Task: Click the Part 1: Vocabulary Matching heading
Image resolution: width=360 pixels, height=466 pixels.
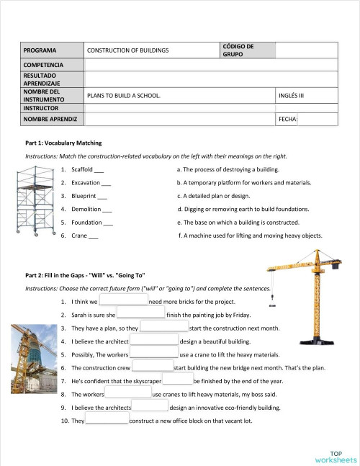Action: tap(63, 143)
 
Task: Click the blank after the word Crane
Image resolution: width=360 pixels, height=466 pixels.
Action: tap(94, 236)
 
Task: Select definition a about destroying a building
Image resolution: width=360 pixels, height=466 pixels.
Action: tap(227, 169)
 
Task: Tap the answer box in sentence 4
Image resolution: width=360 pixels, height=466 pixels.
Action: tap(153, 341)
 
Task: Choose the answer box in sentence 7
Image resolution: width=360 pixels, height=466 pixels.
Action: tap(177, 380)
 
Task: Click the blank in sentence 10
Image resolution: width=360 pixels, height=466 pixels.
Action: tap(107, 421)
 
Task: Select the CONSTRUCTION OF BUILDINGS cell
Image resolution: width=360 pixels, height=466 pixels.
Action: tap(127, 50)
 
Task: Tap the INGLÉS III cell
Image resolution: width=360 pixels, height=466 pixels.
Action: tap(291, 95)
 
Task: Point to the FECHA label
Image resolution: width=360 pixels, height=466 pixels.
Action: tap(287, 119)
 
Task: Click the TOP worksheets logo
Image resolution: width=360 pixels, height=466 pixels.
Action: tap(336, 456)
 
